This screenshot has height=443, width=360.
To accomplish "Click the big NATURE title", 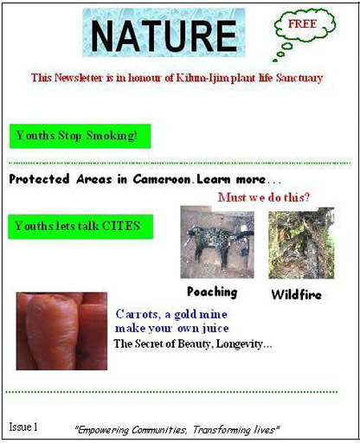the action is pos(164,35).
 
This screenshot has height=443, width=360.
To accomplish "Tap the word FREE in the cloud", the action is pos(302,23).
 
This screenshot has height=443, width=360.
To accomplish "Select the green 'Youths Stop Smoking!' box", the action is pos(80,136).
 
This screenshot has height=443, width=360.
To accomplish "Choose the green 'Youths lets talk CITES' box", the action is pos(80,227).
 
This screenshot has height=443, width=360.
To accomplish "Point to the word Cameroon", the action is pos(162,179).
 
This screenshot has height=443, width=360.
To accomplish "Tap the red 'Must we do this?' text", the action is pos(264,197).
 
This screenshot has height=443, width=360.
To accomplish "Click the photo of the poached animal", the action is pos(217,242).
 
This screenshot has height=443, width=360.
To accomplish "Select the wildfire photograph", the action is pos(301,243).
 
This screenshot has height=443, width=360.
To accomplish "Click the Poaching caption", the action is pos(212,292).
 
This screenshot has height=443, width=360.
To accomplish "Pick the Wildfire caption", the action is pos(297,294).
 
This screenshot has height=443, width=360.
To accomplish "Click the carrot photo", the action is pos(61,331).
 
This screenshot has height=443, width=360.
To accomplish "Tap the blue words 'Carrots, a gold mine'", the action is pos(171,314).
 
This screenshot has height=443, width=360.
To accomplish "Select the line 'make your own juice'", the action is pos(172,328).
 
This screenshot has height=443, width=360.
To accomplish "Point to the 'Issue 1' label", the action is pos(23,427).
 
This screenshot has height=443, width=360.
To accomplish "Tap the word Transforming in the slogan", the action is pos(222,430).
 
